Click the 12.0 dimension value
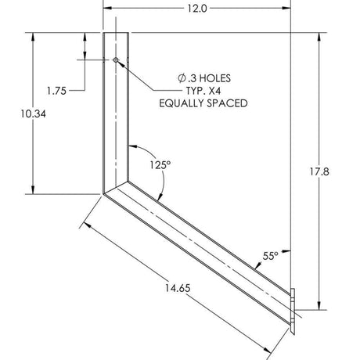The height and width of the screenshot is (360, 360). (x=197, y=9)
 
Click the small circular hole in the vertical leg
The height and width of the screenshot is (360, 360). (x=116, y=59)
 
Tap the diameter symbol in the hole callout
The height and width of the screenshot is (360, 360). (x=182, y=78)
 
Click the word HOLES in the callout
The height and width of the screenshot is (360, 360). (x=215, y=78)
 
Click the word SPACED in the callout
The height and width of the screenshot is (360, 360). (x=229, y=103)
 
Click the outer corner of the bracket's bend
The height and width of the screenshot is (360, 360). (x=103, y=193)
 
